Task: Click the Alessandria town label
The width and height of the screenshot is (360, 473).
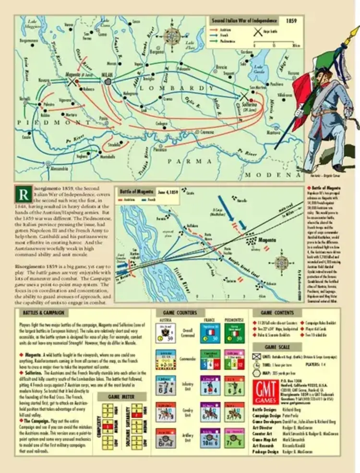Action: (59, 170)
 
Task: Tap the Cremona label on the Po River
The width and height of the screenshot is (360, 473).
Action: (207, 132)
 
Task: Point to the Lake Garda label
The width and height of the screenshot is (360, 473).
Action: (259, 68)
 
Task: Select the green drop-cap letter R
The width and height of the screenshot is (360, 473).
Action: (22, 196)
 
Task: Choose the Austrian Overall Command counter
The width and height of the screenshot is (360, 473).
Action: (166, 333)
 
